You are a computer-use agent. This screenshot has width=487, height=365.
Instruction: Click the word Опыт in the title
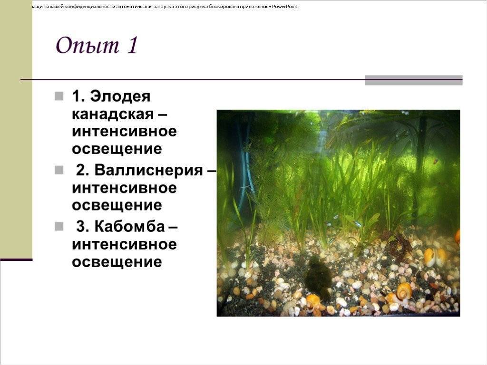point(88,46)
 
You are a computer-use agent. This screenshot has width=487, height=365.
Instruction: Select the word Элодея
point(120,96)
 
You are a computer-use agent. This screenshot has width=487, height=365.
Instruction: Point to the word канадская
point(113,114)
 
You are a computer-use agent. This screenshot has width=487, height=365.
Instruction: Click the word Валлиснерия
point(148,170)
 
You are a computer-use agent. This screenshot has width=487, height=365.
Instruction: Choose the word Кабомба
point(129,226)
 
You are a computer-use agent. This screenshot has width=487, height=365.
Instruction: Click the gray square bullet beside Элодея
point(59,96)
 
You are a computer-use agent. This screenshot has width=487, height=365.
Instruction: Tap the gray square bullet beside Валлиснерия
point(59,170)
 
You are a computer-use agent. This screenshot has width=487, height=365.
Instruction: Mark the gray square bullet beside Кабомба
point(59,226)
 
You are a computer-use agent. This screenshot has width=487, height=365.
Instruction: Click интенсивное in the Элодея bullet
point(124,131)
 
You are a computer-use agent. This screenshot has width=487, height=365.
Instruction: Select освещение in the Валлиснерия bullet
point(117,205)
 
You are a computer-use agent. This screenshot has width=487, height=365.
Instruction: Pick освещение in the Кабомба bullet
point(117,262)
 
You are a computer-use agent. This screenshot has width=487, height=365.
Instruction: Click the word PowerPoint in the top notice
point(285,7)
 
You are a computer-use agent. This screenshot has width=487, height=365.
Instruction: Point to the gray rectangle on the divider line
point(414,80)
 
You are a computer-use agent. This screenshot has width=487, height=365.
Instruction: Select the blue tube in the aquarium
point(246,174)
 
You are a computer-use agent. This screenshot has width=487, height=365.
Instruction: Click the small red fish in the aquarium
point(436,161)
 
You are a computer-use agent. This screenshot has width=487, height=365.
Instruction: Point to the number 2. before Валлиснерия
point(83,170)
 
